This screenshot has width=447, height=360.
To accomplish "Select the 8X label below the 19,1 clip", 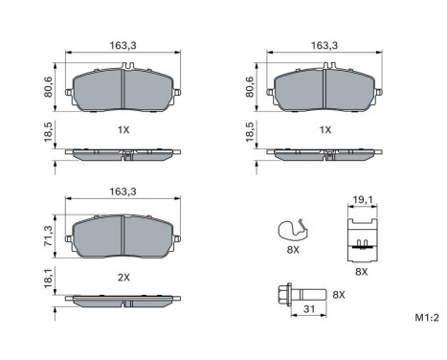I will click(x=360, y=271).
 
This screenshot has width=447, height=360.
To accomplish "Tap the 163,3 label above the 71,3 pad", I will click(x=123, y=191).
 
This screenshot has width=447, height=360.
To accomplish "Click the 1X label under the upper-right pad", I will click(x=326, y=128).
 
